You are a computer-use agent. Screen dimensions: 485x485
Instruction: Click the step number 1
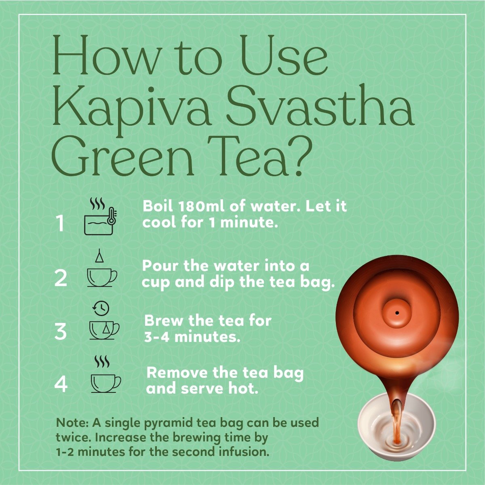60,223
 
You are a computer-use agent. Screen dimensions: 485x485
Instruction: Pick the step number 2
61,278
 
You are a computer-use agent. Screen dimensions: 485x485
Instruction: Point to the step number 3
61,331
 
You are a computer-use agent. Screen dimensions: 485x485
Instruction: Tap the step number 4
61,384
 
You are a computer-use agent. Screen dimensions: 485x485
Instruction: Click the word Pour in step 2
160,266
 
